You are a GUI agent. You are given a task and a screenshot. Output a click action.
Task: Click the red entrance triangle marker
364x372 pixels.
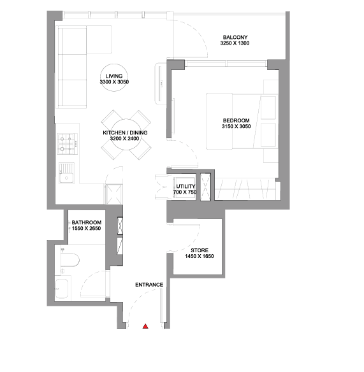145,326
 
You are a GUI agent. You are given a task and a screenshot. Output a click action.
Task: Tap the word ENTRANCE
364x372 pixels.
149,285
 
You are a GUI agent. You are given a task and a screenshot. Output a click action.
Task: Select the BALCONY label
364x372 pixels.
235,37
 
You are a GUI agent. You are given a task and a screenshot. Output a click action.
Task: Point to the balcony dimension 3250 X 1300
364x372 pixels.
235,43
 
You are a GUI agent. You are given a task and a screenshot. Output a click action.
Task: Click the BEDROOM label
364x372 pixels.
236,120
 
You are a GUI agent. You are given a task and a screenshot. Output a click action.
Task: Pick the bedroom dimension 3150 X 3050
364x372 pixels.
237,127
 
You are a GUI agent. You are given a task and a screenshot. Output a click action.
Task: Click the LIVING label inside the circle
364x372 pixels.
114,76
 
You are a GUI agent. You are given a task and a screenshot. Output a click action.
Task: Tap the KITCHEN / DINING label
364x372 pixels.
125,132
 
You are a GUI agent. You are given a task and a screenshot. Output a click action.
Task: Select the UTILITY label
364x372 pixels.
186,186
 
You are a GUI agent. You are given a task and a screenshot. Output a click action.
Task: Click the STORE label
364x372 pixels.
200,250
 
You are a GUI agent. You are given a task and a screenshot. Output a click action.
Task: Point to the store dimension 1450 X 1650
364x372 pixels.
200,256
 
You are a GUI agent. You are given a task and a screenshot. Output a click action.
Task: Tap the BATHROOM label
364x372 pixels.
87,222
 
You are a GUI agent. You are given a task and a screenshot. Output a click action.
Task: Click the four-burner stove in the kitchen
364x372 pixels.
68,144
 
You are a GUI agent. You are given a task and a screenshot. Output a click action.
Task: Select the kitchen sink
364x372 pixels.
67,173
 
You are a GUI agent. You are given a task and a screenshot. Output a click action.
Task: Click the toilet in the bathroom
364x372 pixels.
69,261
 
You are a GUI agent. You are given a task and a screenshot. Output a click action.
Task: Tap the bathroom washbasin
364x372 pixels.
62,289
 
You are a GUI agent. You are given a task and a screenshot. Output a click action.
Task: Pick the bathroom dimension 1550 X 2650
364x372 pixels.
87,229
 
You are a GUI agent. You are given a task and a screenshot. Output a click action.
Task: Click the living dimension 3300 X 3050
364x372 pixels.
114,82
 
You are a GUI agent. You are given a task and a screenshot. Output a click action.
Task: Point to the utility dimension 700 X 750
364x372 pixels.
185,192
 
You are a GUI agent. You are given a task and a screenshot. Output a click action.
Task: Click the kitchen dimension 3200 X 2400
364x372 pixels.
125,139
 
